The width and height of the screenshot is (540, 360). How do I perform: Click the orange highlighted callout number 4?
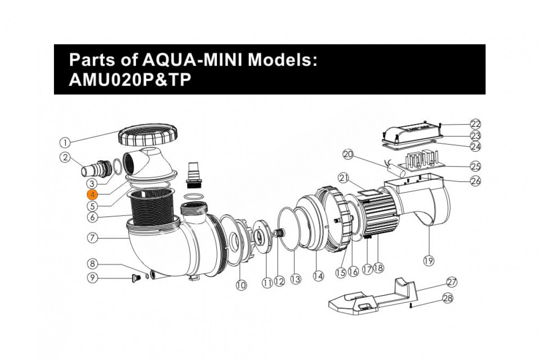pos(92,195)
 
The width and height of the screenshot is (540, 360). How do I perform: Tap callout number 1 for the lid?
pos(65,143)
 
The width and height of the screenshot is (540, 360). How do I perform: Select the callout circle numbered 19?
pos(428,261)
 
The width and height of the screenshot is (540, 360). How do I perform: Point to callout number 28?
pos(448,298)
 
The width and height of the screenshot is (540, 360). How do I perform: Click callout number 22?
pos(476,124)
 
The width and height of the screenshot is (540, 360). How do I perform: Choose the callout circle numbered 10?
pos(241,285)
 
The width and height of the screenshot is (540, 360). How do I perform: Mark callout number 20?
pos(348,154)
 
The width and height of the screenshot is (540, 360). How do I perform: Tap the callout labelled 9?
pos(92,278)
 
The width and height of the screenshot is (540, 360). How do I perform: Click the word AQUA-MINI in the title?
pos(192,59)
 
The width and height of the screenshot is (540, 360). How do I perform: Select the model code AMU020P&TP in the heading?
pos(130,80)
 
